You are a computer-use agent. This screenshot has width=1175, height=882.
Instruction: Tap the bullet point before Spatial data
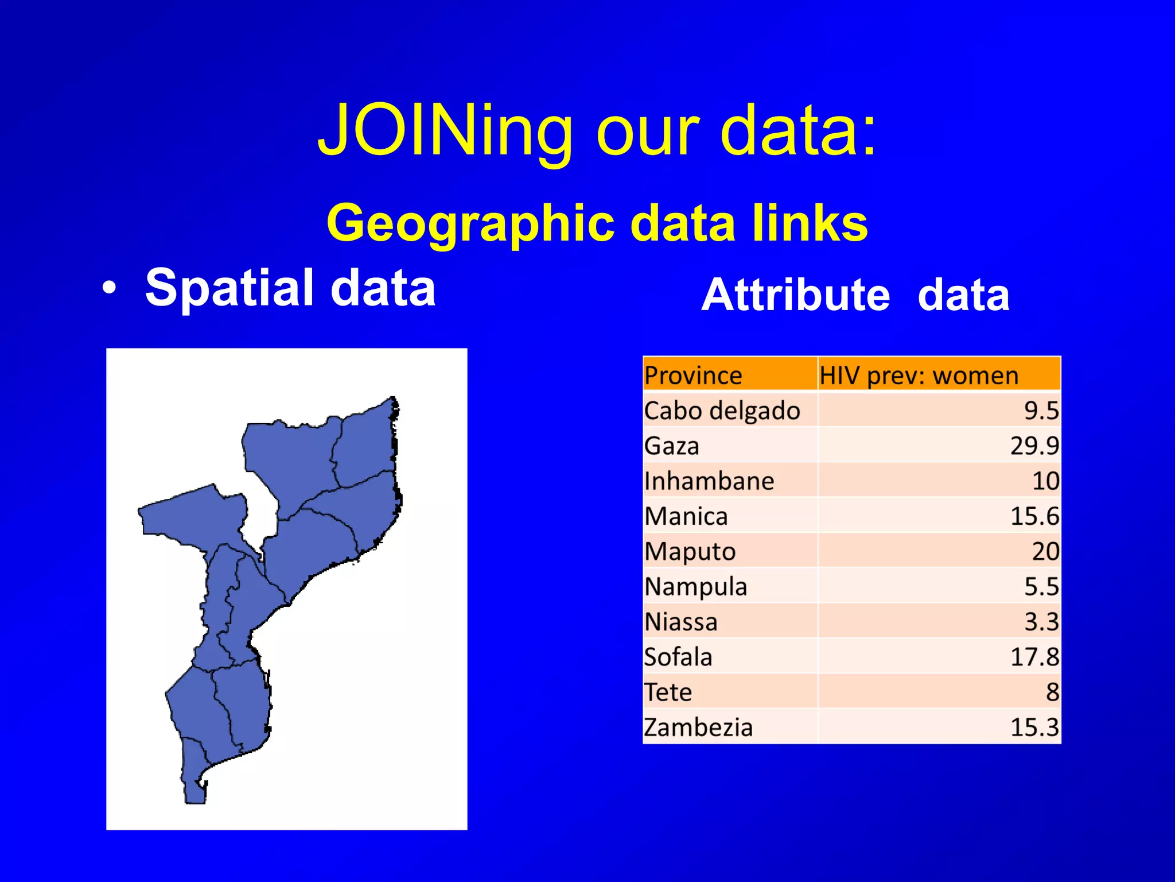pyautogui.click(x=109, y=289)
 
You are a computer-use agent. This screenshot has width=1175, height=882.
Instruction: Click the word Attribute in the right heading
pyautogui.click(x=796, y=295)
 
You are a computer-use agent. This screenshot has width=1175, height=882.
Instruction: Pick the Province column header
pyautogui.click(x=693, y=376)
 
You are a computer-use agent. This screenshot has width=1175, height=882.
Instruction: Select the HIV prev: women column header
pyautogui.click(x=919, y=376)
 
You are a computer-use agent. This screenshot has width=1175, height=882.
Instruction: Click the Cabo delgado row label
pyautogui.click(x=722, y=411)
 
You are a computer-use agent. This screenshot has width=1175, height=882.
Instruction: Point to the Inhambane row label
pyautogui.click(x=709, y=481)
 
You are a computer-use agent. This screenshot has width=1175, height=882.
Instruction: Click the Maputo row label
pyautogui.click(x=690, y=551)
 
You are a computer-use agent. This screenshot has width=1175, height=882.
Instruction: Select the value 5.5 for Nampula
pyautogui.click(x=1041, y=586)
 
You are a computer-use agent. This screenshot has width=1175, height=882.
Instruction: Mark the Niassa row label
pyautogui.click(x=681, y=622)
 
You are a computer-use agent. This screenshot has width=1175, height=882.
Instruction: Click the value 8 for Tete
pyautogui.click(x=1052, y=692)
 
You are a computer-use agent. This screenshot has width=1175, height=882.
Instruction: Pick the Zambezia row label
pyautogui.click(x=698, y=728)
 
